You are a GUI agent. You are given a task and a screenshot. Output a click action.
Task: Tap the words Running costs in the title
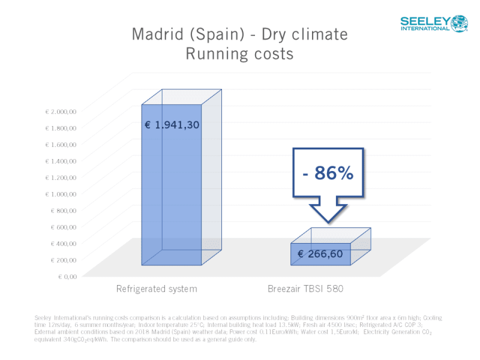tap(239, 54)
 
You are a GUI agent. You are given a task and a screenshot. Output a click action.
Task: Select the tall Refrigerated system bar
tap(171, 192)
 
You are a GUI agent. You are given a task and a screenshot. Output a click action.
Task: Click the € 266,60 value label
tap(320, 254)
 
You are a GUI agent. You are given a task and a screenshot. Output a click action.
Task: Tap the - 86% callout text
tap(328, 175)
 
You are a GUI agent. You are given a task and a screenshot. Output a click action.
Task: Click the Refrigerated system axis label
tap(157, 289)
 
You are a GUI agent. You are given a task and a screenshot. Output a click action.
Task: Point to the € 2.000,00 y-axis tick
tap(61, 111)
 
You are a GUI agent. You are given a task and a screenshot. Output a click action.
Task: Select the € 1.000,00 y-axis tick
tap(61, 194)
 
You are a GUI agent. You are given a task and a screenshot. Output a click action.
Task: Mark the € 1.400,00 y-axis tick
tap(61, 161)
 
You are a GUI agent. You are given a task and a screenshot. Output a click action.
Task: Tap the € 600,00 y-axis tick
tap(63, 227)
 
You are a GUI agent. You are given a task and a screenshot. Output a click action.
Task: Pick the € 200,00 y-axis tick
tap(63, 260)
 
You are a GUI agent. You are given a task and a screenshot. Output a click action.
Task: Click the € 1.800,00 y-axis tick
tap(61, 128)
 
